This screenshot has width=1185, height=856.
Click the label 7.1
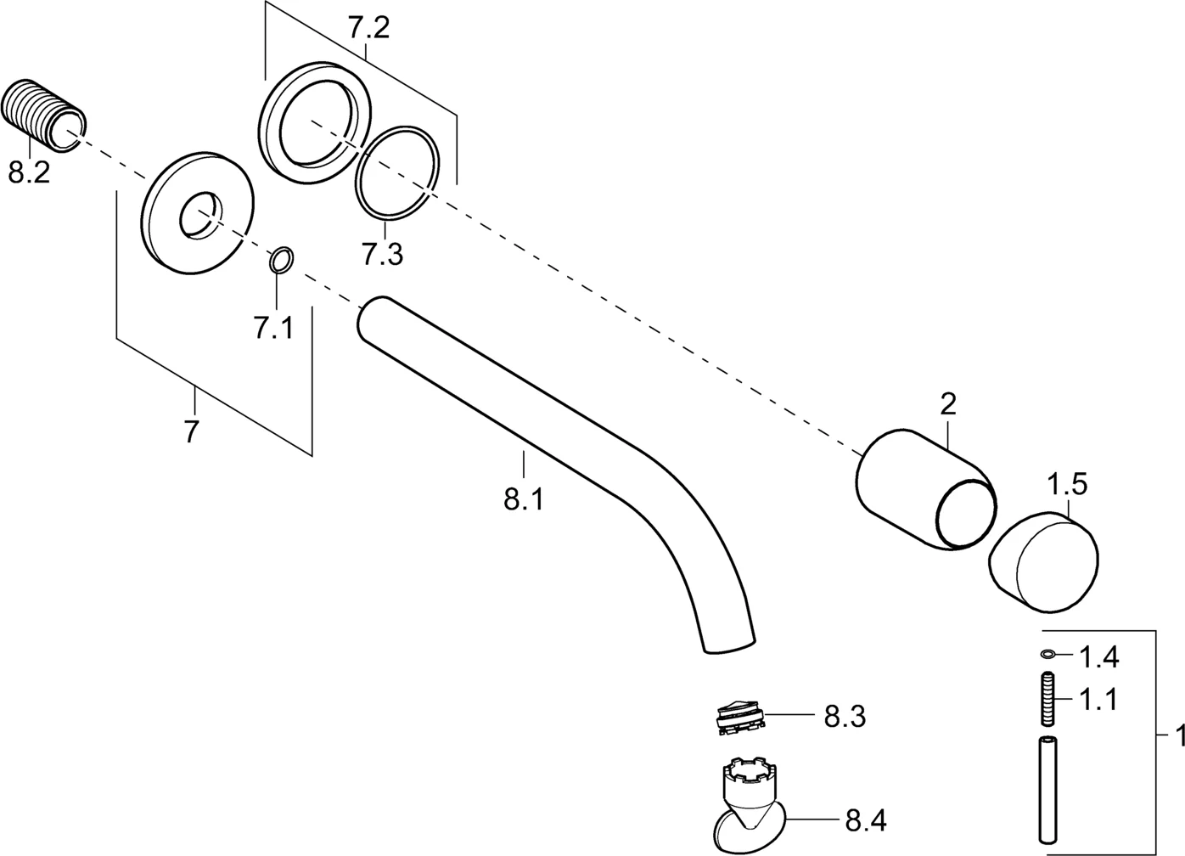coord(273,327)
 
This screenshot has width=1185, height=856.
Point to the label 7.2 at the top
coord(368,29)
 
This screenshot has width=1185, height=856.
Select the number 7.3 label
coord(382,253)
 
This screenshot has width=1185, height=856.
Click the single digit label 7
coord(191,431)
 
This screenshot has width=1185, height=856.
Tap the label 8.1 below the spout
coord(523,499)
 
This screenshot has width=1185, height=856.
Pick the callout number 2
coord(948,404)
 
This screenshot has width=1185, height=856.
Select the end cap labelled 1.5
coord(1044,560)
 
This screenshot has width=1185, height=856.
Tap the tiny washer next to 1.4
coord(1049,654)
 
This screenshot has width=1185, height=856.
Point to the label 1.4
coord(1098,656)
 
